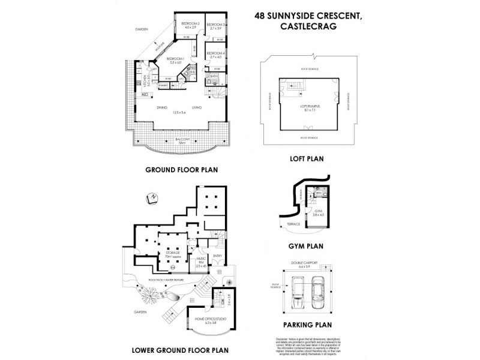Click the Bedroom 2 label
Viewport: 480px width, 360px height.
(191, 26)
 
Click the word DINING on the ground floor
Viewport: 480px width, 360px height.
(161, 107)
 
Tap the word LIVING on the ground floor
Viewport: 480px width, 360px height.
(196, 107)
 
